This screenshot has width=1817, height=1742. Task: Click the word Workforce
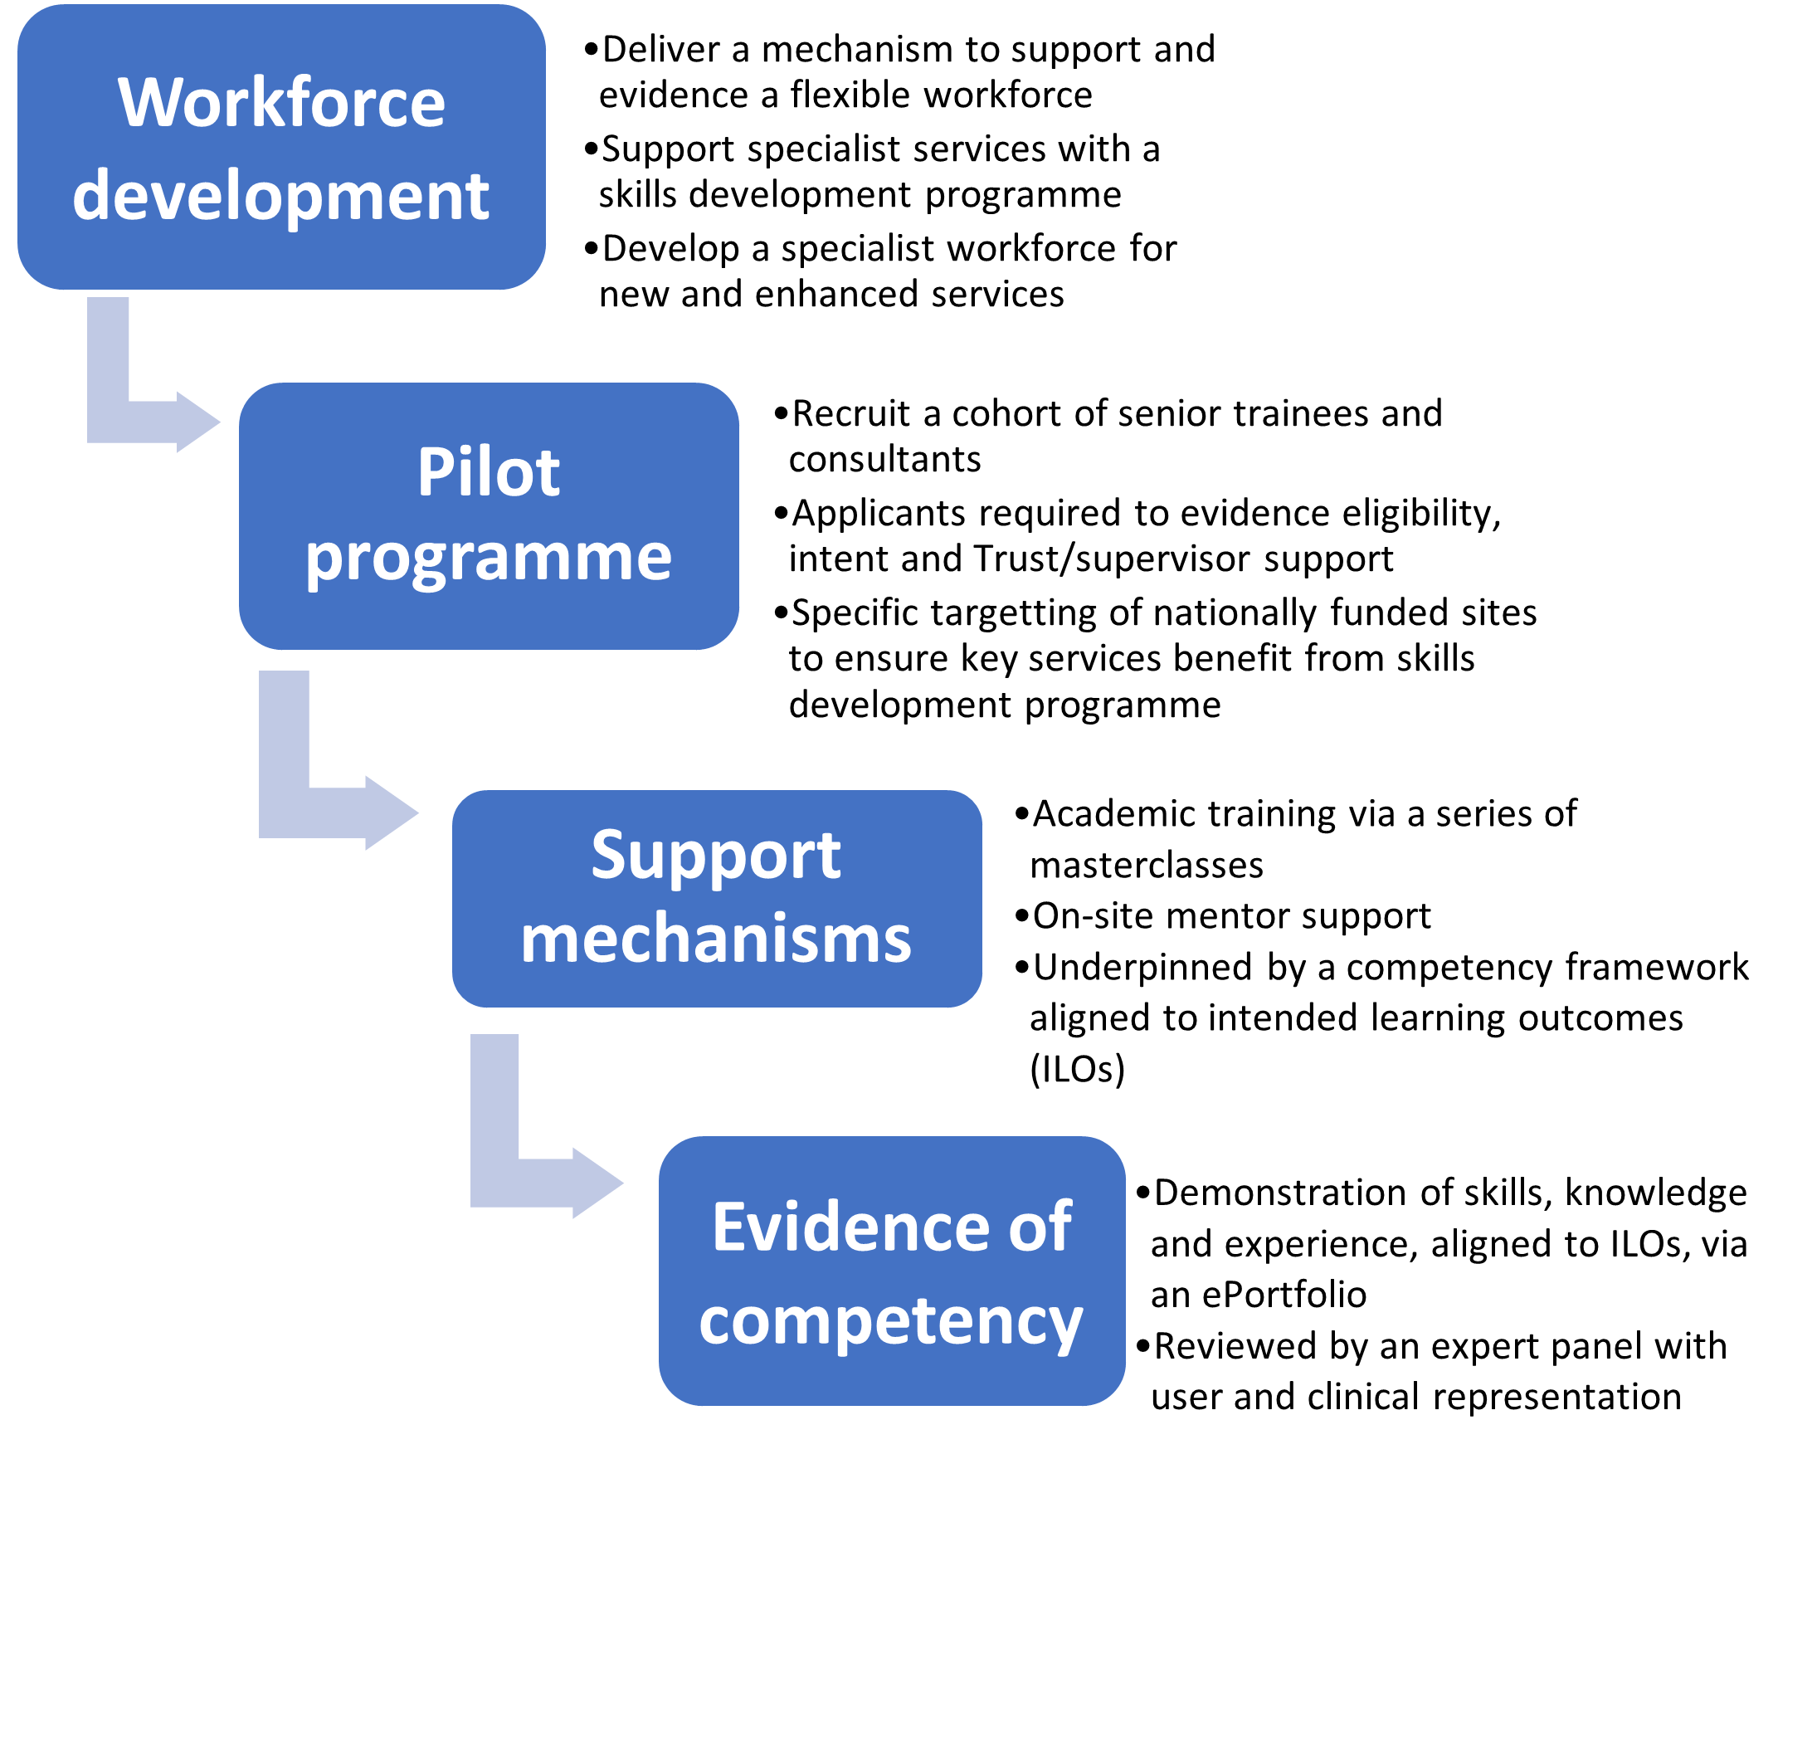281,102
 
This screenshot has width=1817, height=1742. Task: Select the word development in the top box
281,197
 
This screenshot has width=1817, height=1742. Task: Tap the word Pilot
489,472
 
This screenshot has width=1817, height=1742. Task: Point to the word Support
716,855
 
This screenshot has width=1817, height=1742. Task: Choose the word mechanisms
716,939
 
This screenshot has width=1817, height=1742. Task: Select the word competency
891,1320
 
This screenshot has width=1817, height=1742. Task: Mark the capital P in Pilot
433,472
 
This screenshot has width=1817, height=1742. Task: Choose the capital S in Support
608,855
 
